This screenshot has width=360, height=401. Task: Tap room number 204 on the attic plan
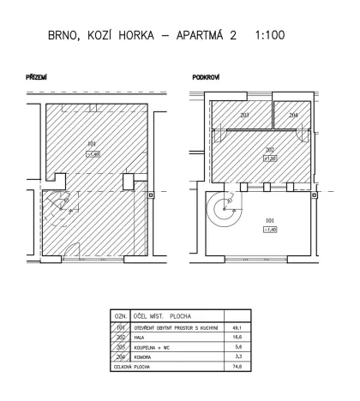(293, 115)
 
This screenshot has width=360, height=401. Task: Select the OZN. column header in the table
(120, 316)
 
